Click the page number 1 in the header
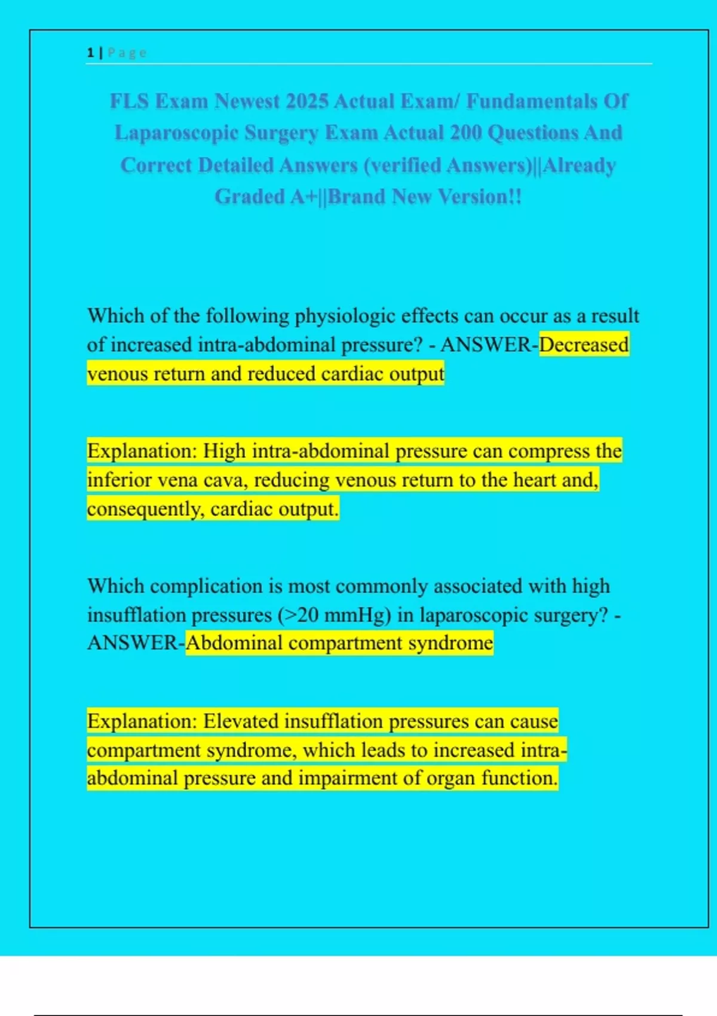(90, 53)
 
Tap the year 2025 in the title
(307, 101)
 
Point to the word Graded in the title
(249, 196)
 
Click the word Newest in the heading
(247, 101)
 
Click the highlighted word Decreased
(584, 345)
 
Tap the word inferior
(117, 480)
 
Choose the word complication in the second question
(207, 586)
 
